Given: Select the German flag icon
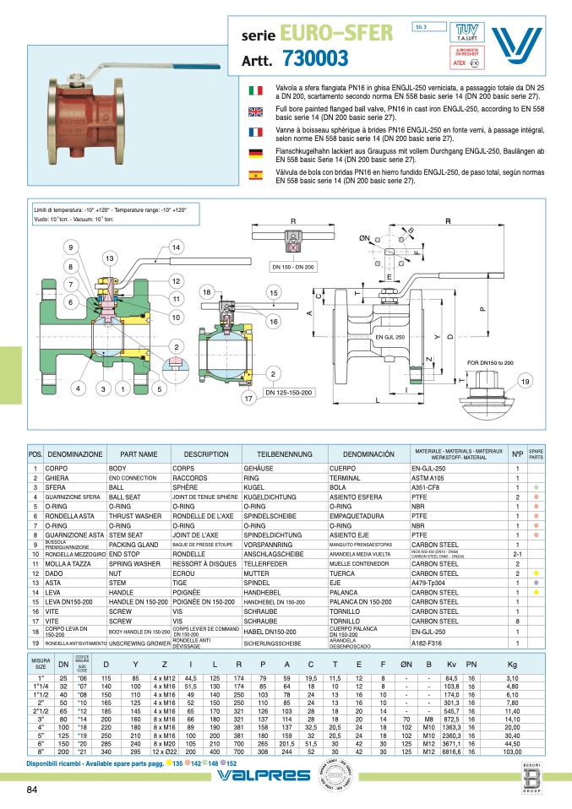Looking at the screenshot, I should (254, 153).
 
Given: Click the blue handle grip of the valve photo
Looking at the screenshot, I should (197, 67).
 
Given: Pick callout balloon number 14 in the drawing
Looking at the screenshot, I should (176, 247).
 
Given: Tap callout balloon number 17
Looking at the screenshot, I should (248, 398).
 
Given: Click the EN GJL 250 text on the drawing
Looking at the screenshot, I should (390, 336).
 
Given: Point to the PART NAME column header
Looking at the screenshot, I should (139, 453).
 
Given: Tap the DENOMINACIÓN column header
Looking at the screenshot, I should (368, 453).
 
